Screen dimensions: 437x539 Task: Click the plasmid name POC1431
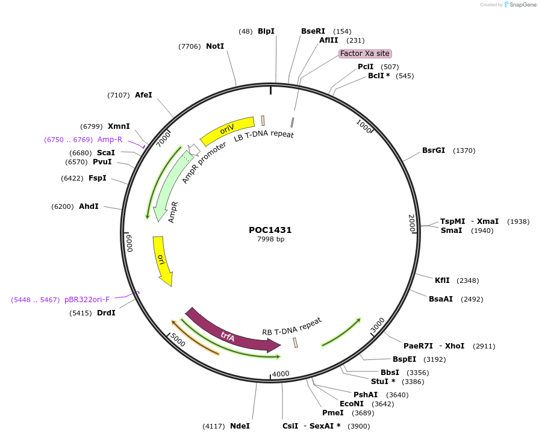tap(270, 230)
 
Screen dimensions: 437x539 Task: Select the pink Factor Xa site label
tap(365, 54)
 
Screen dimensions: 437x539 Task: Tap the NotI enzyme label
tap(215, 46)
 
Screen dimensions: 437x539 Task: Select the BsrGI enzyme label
tap(434, 150)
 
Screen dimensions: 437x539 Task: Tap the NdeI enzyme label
tap(240, 426)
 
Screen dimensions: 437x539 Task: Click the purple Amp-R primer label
tap(110, 140)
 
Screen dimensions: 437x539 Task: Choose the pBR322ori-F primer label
tap(87, 300)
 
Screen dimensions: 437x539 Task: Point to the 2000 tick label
tap(412, 223)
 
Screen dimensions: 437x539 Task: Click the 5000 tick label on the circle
tap(177, 339)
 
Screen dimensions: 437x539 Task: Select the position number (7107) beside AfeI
tap(119, 95)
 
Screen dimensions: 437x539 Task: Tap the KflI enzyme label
tap(442, 280)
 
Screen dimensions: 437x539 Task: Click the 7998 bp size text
tap(270, 240)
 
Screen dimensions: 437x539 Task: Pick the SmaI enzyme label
tap(451, 231)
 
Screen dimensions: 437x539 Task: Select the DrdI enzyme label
tap(106, 313)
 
